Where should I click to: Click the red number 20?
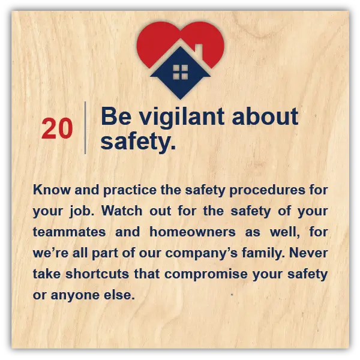[57, 128]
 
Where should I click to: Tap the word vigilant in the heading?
[181, 118]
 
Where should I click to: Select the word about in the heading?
[265, 116]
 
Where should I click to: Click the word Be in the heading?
[116, 116]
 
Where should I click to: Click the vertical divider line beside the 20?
[85, 128]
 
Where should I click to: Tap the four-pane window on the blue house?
[181, 72]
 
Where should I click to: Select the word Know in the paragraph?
[52, 190]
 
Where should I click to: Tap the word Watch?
[122, 211]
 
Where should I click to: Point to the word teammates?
[69, 232]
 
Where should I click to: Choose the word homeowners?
[193, 232]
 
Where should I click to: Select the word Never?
[308, 253]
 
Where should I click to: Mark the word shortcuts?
[97, 274]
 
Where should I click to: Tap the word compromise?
[206, 275]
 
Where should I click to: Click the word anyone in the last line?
[75, 296]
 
